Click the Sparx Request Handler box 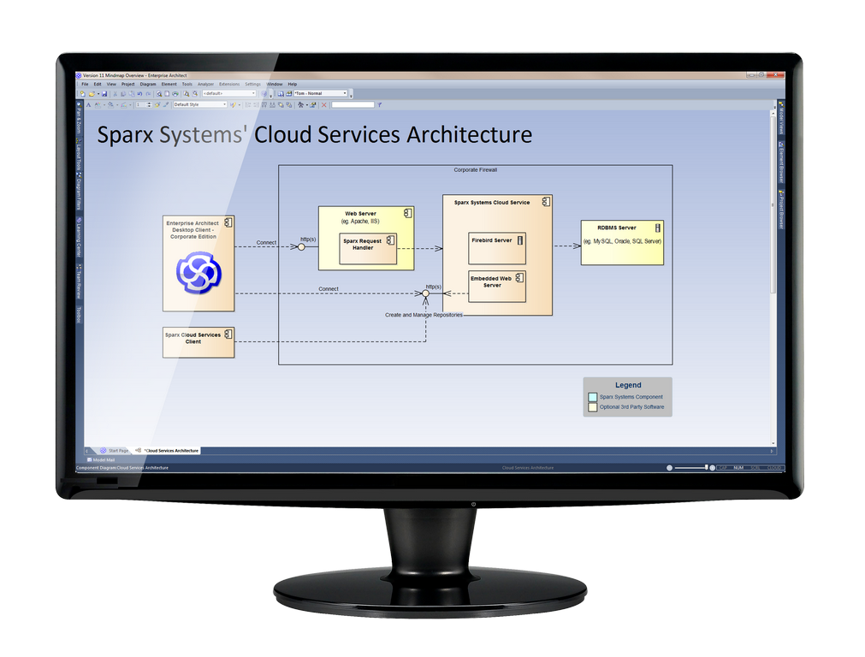pyautogui.click(x=368, y=248)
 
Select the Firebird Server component pyautogui.click(x=497, y=248)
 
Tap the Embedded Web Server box pyautogui.click(x=497, y=287)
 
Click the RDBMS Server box pyautogui.click(x=621, y=241)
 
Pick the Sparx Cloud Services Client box pyautogui.click(x=198, y=342)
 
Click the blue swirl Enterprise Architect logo pyautogui.click(x=198, y=272)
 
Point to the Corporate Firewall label pyautogui.click(x=475, y=170)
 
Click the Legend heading pyautogui.click(x=627, y=385)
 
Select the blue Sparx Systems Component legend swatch pyautogui.click(x=593, y=397)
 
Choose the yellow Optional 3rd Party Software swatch pyautogui.click(x=593, y=407)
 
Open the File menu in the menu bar pyautogui.click(x=85, y=85)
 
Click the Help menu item pyautogui.click(x=292, y=85)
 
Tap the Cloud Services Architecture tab pyautogui.click(x=170, y=450)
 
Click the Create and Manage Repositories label pyautogui.click(x=424, y=315)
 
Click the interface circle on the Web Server pyautogui.click(x=301, y=247)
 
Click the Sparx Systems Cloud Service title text pyautogui.click(x=492, y=203)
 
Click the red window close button pyautogui.click(x=775, y=75)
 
